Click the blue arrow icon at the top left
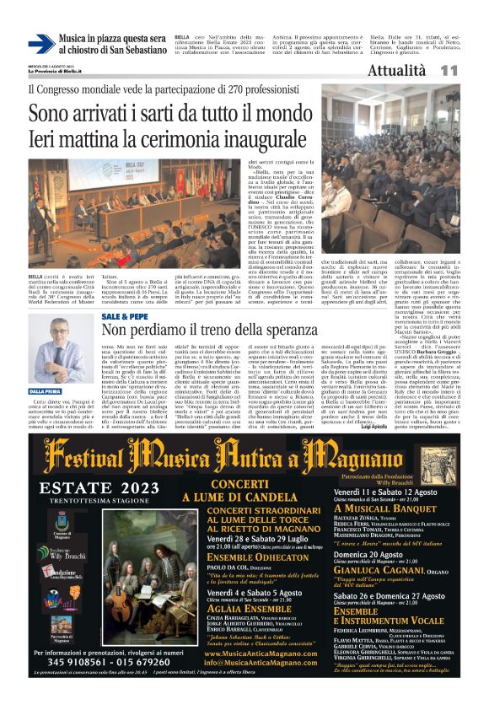tap(40, 44)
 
